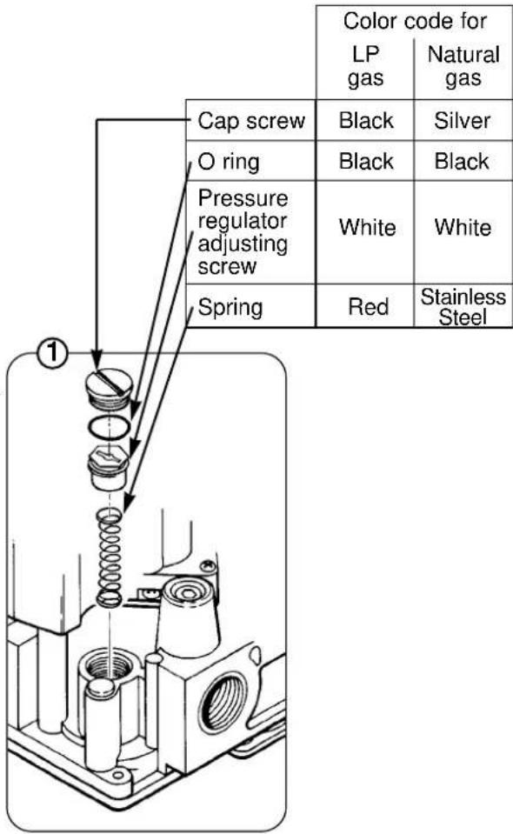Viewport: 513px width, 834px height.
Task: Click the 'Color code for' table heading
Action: (415, 21)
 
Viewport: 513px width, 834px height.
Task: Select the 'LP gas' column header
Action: (366, 66)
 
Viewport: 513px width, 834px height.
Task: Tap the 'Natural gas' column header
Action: (463, 66)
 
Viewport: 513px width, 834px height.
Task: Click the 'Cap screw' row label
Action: (251, 121)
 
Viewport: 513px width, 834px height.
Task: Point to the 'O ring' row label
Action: (229, 162)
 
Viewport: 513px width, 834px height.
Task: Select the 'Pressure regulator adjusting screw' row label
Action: (243, 232)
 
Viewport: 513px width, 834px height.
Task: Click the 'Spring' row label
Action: (230, 308)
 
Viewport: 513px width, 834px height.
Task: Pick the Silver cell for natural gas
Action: (463, 121)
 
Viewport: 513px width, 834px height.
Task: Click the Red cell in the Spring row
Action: (368, 307)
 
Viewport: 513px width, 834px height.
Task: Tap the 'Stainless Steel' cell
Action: (463, 307)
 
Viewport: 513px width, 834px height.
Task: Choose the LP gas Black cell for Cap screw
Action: (366, 121)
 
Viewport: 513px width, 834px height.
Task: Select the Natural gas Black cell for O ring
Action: (462, 161)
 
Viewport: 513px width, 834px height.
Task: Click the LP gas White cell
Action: (368, 228)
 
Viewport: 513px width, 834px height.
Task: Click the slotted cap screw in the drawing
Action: (109, 388)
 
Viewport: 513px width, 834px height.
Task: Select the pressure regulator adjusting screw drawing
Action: (109, 467)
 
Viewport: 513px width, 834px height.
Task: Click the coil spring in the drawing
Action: (109, 557)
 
